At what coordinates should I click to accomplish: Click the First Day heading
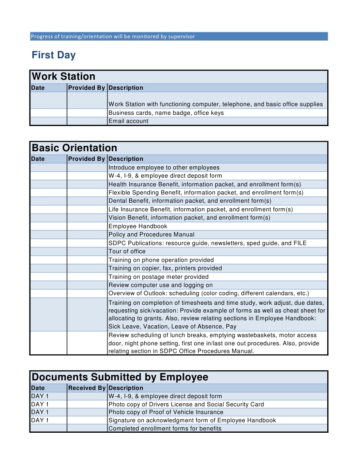pos(54,56)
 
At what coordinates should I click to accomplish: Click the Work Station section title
pos(64,77)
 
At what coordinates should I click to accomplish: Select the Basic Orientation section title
pos(75,148)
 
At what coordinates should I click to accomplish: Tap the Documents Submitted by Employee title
pos(120,377)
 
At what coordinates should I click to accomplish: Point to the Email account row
pos(128,121)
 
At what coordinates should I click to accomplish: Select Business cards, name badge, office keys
pos(166,113)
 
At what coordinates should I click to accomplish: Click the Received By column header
pos(86,388)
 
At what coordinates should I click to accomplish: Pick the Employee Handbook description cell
pos(138,226)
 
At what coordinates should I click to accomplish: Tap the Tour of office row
pos(127,251)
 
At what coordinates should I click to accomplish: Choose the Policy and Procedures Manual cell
pos(152,235)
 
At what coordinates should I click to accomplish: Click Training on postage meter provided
pos(158,277)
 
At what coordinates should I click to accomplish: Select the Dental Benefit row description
pos(190,201)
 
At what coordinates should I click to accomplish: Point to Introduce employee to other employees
pos(164,168)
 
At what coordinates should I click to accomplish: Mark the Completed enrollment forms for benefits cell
pos(165,429)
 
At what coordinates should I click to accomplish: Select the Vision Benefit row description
pos(189,218)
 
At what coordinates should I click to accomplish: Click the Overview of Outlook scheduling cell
pos(208,293)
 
